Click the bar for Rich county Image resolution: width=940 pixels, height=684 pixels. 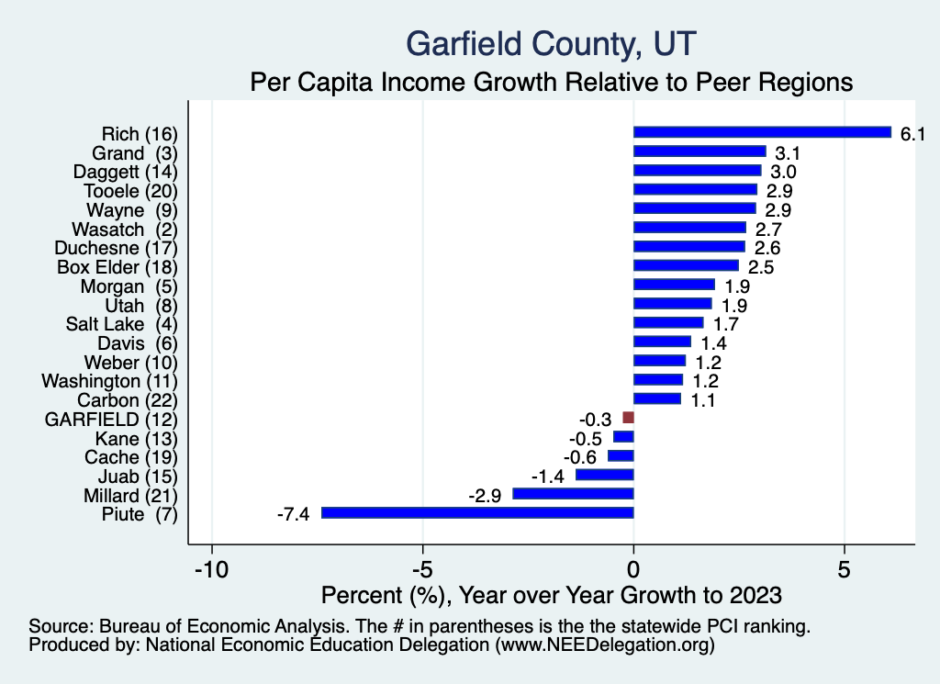tap(762, 132)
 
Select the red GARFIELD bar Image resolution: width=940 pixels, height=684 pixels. tap(629, 418)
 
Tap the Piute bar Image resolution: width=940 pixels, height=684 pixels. tap(477, 513)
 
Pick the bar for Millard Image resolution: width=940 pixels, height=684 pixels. tap(573, 494)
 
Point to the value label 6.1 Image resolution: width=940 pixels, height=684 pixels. tap(912, 134)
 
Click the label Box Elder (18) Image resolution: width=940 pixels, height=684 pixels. tap(117, 267)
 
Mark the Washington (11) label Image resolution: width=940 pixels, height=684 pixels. tap(109, 381)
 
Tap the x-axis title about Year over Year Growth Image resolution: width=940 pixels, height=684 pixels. tap(552, 595)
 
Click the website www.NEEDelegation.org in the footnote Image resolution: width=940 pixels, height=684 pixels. tap(605, 645)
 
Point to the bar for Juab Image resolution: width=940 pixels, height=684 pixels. tap(604, 475)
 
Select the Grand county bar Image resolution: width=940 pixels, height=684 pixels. tap(699, 151)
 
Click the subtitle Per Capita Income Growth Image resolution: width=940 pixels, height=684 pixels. tap(552, 83)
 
